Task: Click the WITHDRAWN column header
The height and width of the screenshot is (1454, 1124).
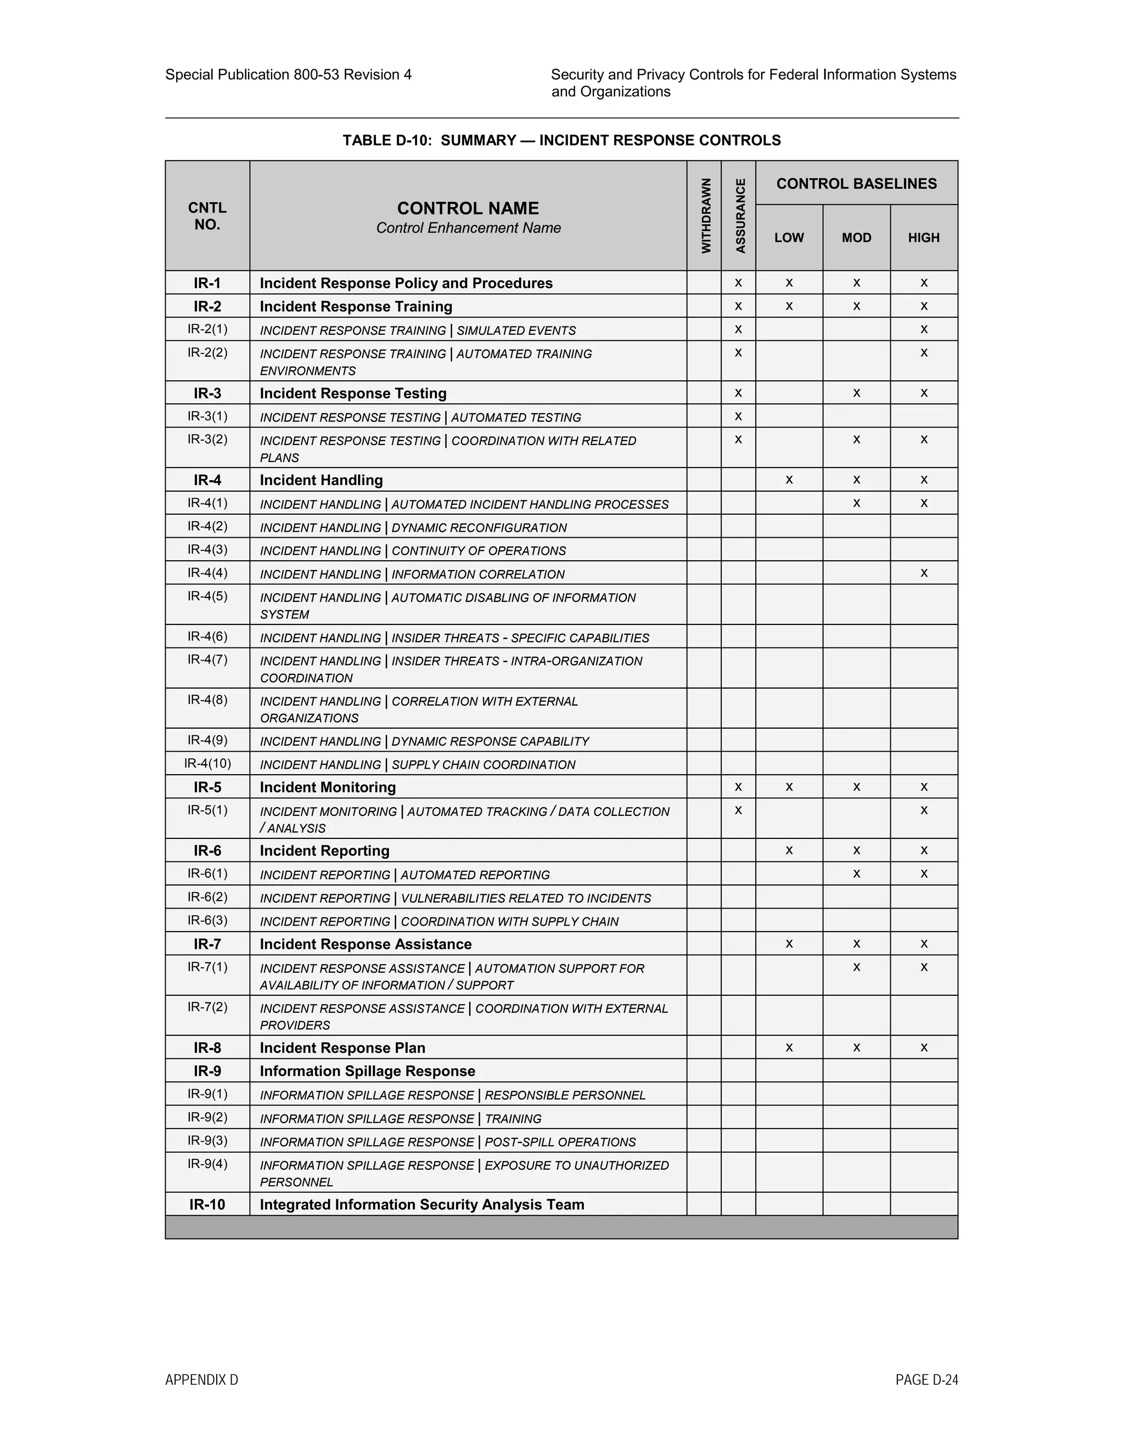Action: click(x=706, y=216)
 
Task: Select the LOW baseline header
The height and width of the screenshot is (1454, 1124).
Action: click(x=789, y=238)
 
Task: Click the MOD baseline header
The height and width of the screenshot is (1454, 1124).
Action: click(x=856, y=238)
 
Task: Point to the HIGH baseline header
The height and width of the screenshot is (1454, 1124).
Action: click(x=924, y=238)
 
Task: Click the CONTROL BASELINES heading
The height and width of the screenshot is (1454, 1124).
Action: click(x=856, y=184)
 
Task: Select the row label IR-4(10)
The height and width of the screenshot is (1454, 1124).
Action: click(x=207, y=764)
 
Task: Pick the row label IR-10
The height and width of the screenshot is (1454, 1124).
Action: click(x=207, y=1204)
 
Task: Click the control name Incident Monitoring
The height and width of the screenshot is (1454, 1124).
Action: click(x=328, y=787)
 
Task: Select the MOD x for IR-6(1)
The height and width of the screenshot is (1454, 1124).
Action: click(x=856, y=874)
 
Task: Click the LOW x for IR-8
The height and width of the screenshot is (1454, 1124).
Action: click(x=789, y=1048)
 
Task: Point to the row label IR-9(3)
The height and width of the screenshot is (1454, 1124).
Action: click(x=207, y=1141)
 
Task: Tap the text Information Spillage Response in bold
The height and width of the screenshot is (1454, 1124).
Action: click(x=367, y=1071)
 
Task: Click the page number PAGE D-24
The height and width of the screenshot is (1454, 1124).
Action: click(x=926, y=1380)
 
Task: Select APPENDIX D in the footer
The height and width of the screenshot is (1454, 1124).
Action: click(x=201, y=1380)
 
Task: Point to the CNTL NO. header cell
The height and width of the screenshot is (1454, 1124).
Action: click(x=207, y=216)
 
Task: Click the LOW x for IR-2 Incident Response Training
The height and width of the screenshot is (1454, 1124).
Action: click(x=789, y=306)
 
